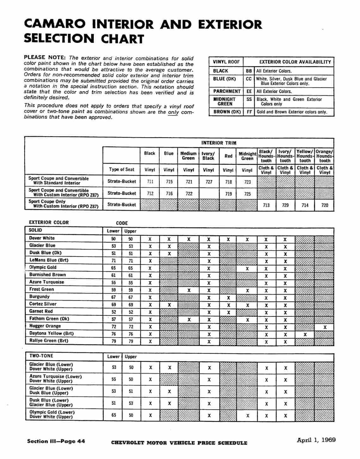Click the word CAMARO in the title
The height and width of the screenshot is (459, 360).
tap(54, 24)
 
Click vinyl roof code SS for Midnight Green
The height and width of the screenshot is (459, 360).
tap(249, 99)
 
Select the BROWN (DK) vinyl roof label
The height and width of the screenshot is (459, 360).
tap(227, 112)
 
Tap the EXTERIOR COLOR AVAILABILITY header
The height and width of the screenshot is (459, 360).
tap(295, 62)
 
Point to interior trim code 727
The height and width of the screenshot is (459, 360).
tap(209, 182)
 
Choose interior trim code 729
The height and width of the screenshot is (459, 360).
tap(285, 205)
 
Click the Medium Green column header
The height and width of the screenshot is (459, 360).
tap(188, 156)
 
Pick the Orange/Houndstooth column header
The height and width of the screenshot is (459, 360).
tap(324, 156)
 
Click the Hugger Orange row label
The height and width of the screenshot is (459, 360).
tap(45, 326)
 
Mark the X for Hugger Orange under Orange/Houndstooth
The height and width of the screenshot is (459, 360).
tap(325, 327)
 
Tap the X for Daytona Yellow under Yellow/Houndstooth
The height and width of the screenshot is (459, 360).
tap(305, 334)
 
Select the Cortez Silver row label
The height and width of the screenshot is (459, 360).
tap(43, 304)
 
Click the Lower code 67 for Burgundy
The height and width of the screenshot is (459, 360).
tap(113, 297)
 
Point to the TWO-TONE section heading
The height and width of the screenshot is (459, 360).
tap(41, 356)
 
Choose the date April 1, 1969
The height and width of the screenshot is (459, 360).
tap(316, 440)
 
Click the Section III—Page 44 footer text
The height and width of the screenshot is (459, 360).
tap(56, 441)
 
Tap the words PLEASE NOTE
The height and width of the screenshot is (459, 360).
tap(45, 58)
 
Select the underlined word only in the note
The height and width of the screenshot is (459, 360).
tap(173, 112)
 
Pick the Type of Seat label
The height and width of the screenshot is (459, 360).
tap(122, 170)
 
